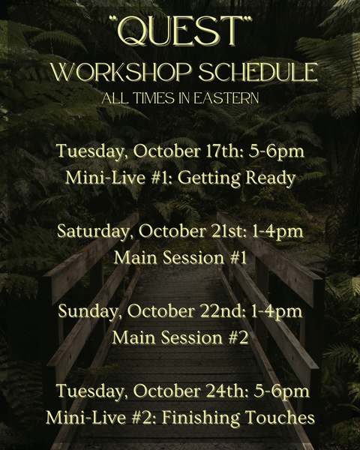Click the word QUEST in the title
click(x=180, y=31)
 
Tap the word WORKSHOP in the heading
click(x=121, y=72)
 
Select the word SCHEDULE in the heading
click(x=258, y=72)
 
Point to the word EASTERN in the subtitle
click(x=226, y=98)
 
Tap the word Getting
click(x=208, y=178)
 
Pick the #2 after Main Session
click(x=238, y=337)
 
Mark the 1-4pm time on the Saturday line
click(x=277, y=232)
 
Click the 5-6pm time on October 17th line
click(x=276, y=151)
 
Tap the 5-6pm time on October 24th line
click(x=282, y=391)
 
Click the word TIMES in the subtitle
click(x=154, y=98)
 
